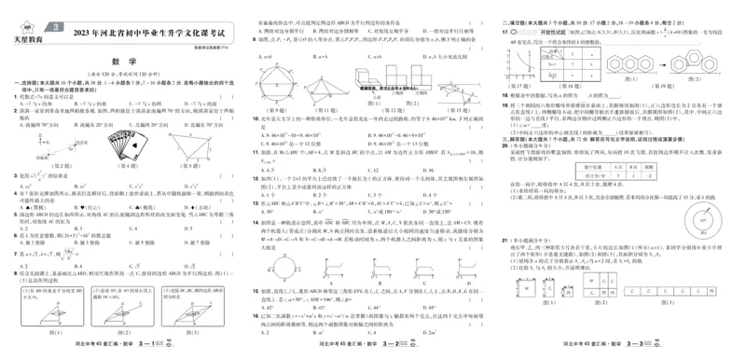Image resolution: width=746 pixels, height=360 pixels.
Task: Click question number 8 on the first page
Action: (x=6, y=272)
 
